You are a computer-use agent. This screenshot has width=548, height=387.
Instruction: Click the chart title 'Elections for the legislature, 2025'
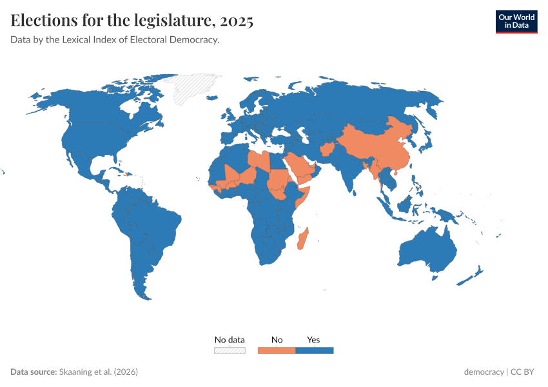pos(132,21)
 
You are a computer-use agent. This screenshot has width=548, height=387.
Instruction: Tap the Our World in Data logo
pos(516,21)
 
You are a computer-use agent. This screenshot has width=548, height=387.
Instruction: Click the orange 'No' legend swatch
pos(277,350)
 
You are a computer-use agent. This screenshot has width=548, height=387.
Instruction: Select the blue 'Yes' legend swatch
pos(314,350)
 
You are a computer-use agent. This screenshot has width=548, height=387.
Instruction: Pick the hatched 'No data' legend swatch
pos(230,350)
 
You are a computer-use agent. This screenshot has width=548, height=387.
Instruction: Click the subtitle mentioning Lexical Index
pos(115,40)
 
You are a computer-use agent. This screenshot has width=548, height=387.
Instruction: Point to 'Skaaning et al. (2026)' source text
pos(98,372)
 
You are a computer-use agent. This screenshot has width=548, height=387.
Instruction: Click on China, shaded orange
pos(374,145)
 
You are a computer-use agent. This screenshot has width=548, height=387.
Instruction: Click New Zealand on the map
pos(474,274)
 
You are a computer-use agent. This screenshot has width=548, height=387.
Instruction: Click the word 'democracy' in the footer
pos(484,372)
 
